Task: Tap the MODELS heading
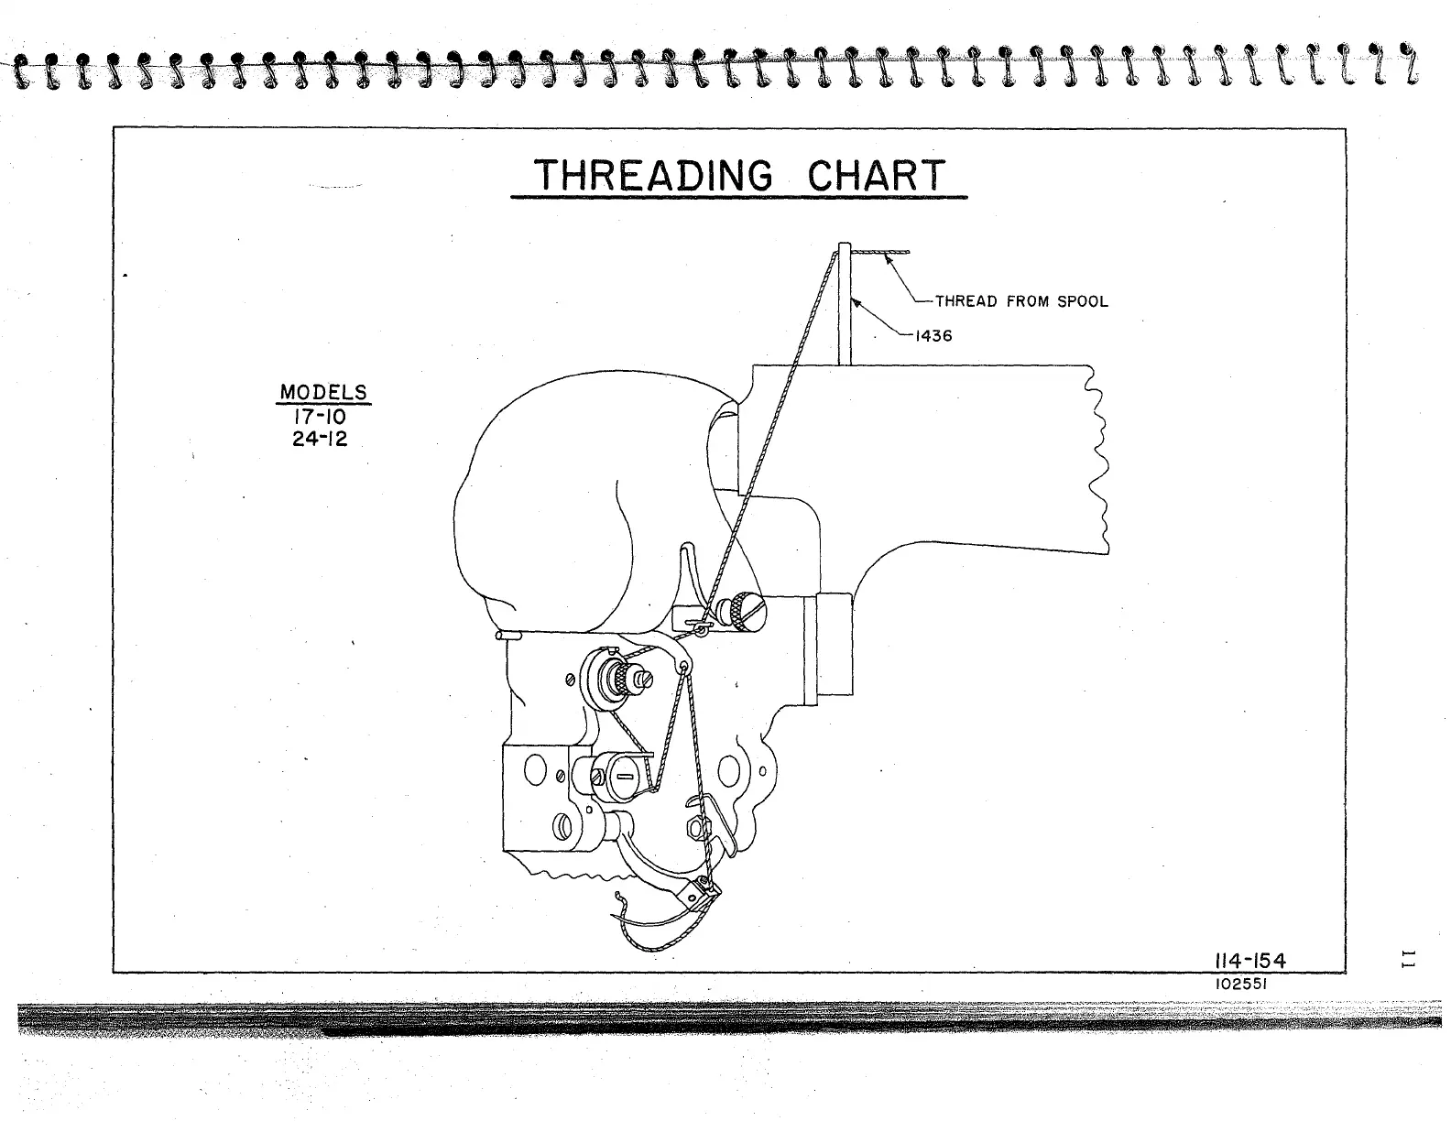pyautogui.click(x=323, y=392)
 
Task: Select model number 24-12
pyautogui.click(x=320, y=438)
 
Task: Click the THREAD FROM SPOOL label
pyautogui.click(x=1020, y=301)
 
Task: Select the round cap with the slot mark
pyautogui.click(x=623, y=775)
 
